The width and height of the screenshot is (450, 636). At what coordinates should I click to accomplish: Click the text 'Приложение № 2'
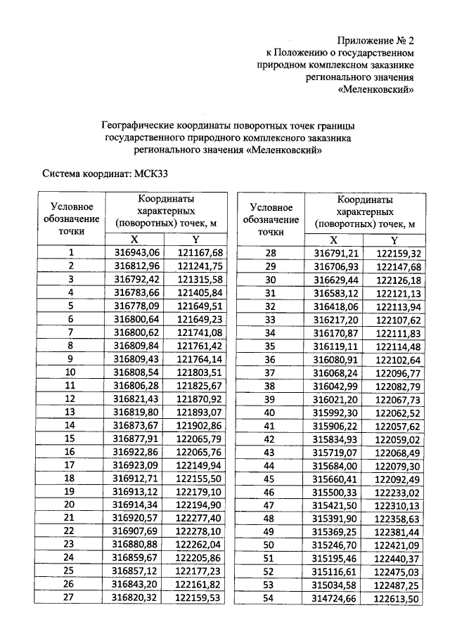pyautogui.click(x=375, y=39)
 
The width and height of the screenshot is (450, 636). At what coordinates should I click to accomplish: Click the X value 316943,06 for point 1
pyautogui.click(x=137, y=252)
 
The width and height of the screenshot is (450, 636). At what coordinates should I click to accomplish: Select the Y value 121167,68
pyautogui.click(x=200, y=252)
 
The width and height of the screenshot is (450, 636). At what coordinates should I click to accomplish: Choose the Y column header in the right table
pyautogui.click(x=394, y=240)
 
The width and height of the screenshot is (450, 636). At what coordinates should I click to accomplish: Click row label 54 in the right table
pyautogui.click(x=269, y=598)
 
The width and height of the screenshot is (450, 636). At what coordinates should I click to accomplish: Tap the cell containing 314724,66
pyautogui.click(x=336, y=598)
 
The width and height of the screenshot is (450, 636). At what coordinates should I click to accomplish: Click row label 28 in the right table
pyautogui.click(x=269, y=253)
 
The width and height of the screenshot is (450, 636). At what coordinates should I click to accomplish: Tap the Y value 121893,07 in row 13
pyautogui.click(x=200, y=412)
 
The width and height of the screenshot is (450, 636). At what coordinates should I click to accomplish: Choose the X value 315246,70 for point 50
pyautogui.click(x=336, y=545)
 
